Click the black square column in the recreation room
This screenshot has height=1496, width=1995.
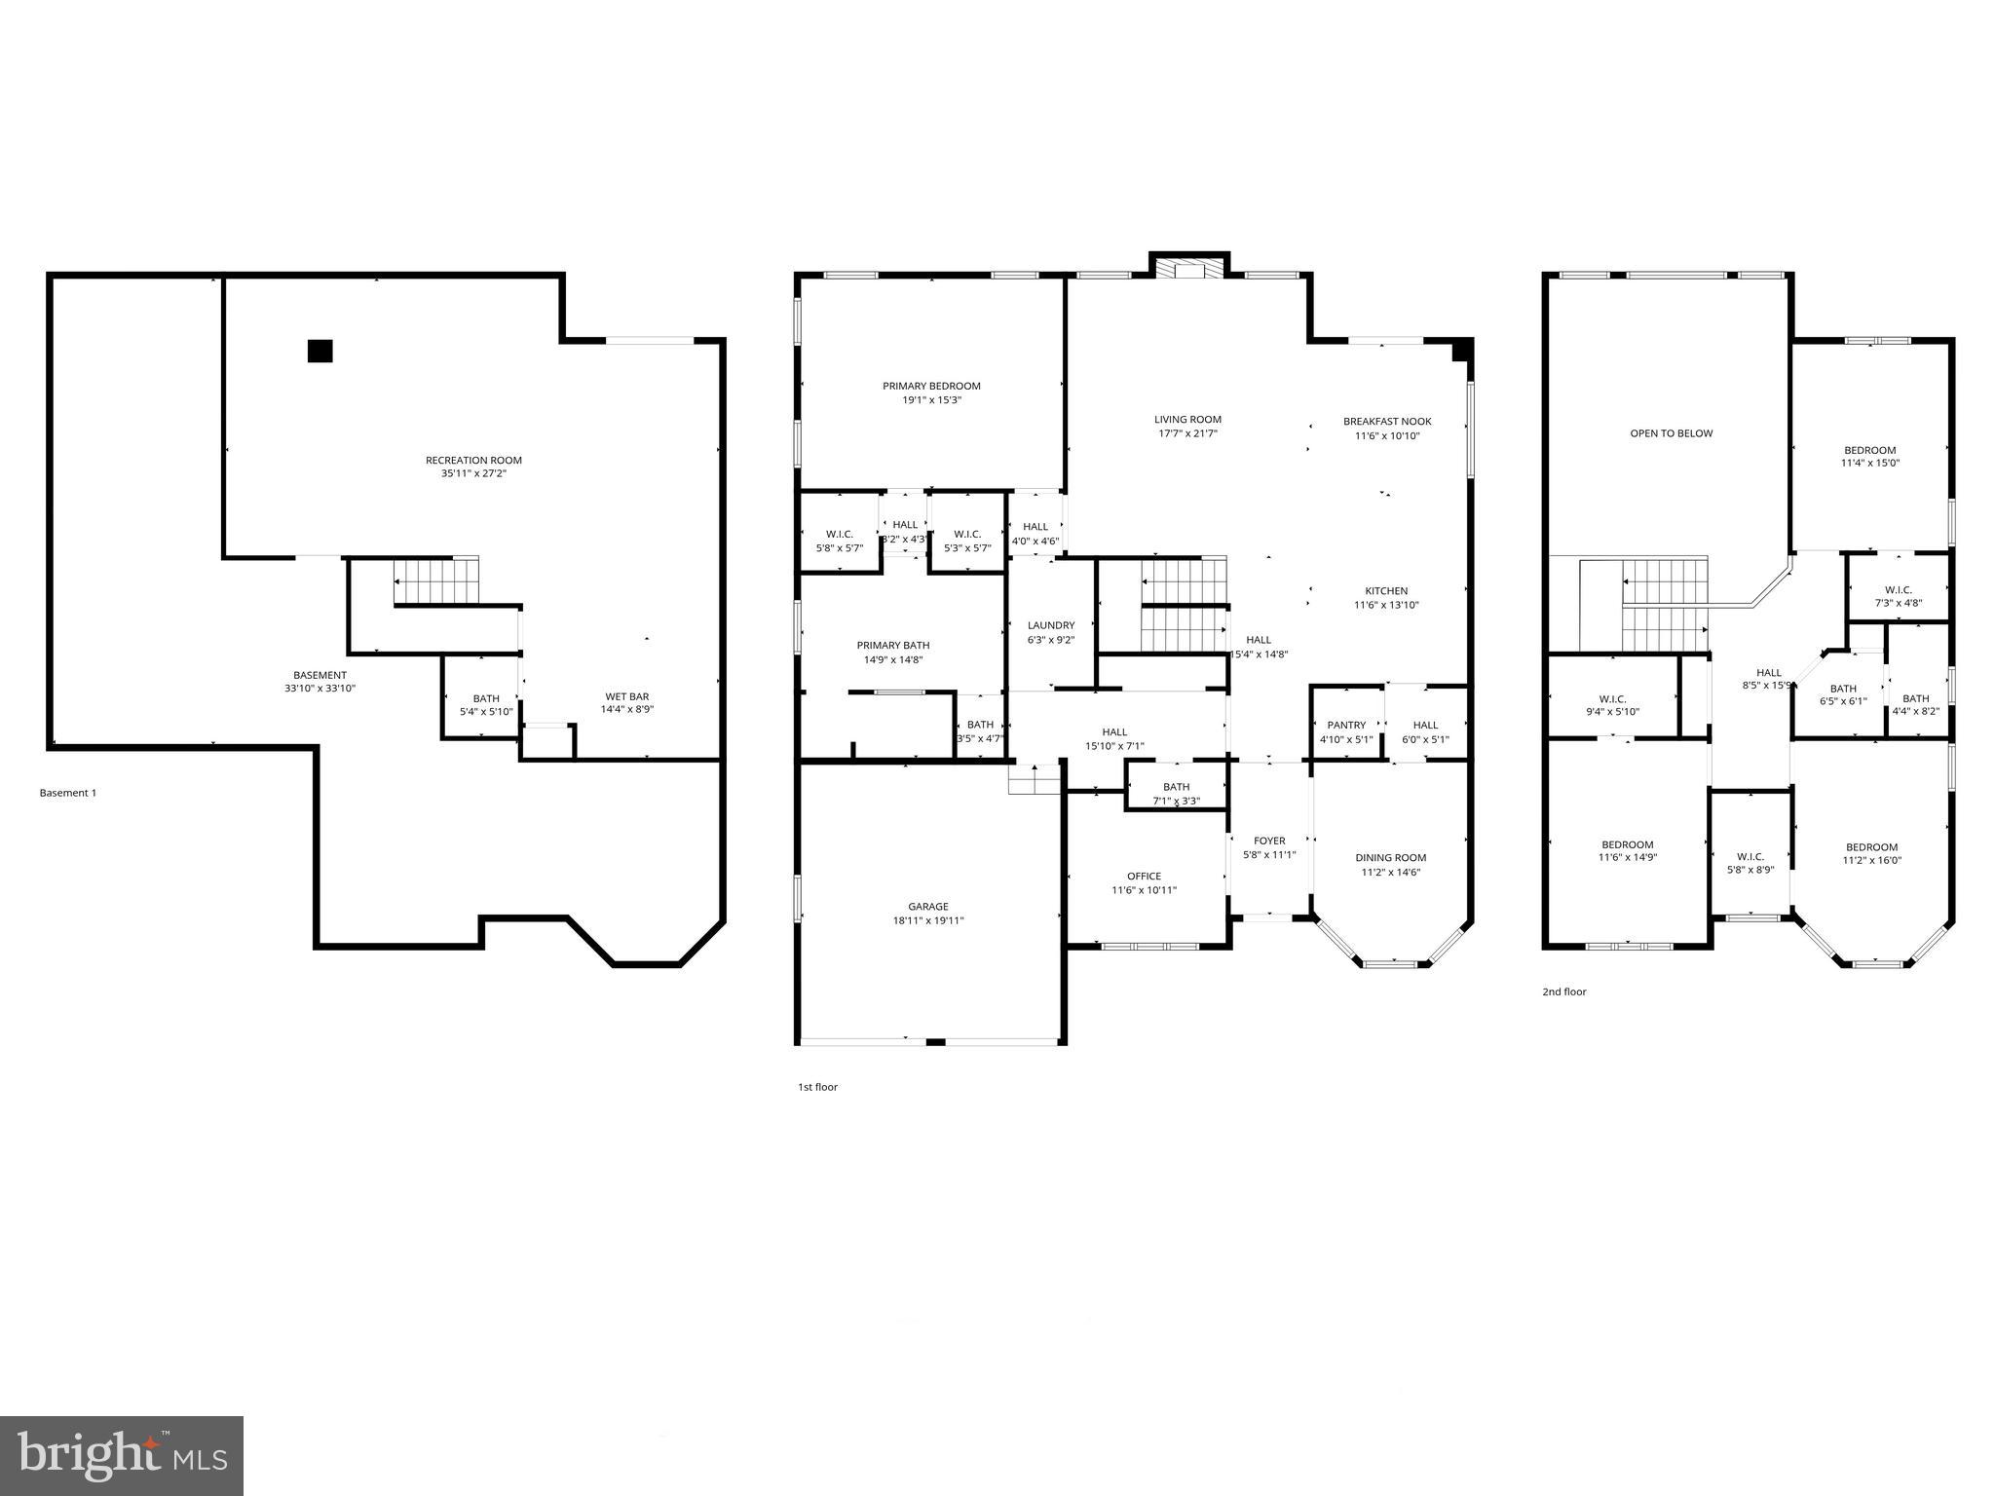[320, 351]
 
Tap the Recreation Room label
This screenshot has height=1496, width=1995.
[473, 461]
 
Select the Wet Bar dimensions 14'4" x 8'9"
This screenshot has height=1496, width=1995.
[626, 710]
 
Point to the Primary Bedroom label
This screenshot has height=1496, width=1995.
[931, 387]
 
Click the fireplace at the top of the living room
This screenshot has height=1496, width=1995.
[1188, 270]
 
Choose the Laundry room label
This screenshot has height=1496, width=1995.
[1051, 625]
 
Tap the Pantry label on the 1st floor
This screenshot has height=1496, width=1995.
[1346, 726]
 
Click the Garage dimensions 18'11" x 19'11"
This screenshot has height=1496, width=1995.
[928, 920]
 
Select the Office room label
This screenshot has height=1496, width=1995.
[1144, 877]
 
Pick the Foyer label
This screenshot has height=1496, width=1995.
[1269, 841]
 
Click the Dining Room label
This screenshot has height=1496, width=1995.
[1390, 858]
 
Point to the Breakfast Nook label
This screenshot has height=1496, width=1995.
[1387, 422]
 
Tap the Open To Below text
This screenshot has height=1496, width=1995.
[1671, 433]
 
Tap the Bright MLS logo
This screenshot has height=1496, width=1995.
[122, 1455]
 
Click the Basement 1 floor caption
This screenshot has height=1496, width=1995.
[68, 793]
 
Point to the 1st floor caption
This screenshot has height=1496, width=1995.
[817, 1087]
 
